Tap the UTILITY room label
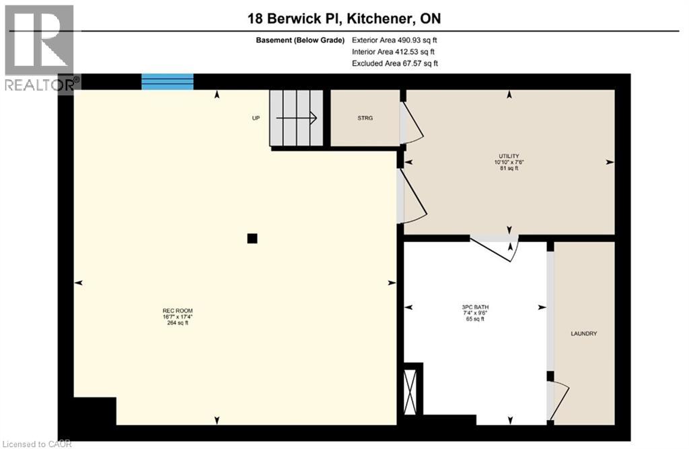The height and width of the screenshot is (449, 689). click(x=508, y=156)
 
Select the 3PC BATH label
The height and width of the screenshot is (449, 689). click(x=475, y=307)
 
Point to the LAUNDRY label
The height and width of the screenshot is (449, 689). click(x=583, y=333)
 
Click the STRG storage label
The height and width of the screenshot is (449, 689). click(x=365, y=118)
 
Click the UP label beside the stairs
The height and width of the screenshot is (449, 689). click(x=256, y=118)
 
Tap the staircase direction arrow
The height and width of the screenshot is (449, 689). click(x=297, y=118)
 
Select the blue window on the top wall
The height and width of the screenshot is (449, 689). click(x=168, y=82)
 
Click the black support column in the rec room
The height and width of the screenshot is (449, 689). click(x=252, y=238)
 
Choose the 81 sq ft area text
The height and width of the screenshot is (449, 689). click(x=508, y=169)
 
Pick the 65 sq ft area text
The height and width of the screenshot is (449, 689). click(x=475, y=319)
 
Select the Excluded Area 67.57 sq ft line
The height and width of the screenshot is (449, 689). click(x=394, y=63)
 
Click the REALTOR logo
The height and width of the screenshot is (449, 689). click(x=40, y=47)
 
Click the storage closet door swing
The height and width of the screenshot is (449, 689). click(x=412, y=126)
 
